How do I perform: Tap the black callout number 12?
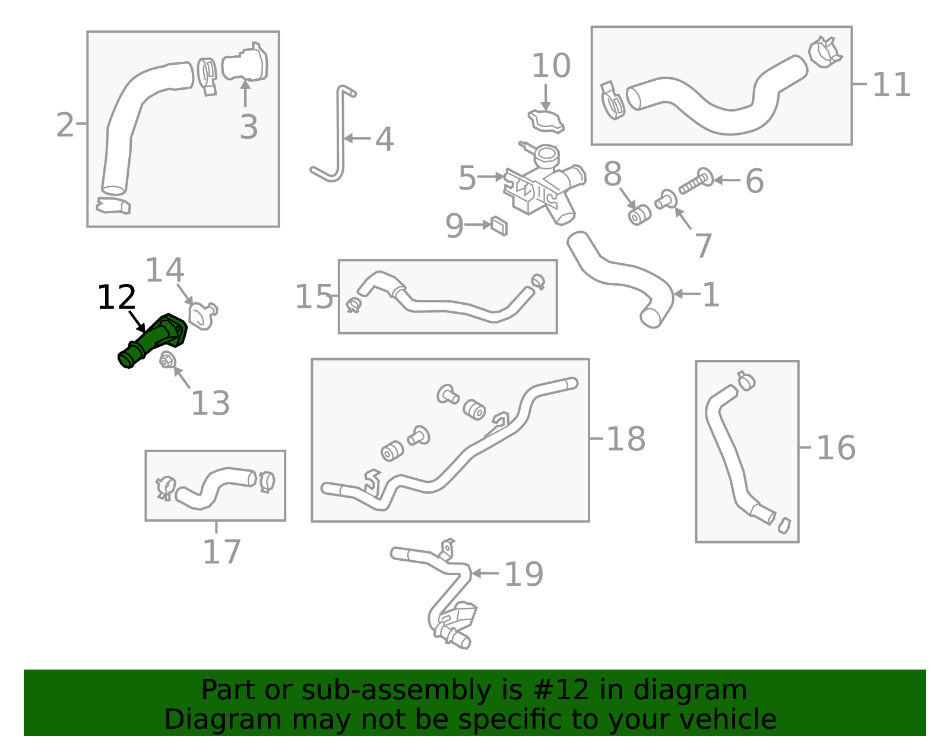[x=116, y=298]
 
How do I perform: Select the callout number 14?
[x=164, y=270]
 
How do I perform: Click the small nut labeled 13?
[x=167, y=359]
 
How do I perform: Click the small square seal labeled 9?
[x=499, y=226]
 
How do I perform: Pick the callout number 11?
[x=891, y=85]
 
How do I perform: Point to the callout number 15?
[x=313, y=297]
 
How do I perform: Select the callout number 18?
[x=625, y=440]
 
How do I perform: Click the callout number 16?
[x=835, y=448]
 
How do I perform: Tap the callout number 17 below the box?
[x=221, y=552]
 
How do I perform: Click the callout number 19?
[x=523, y=574]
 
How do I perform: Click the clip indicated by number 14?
[x=202, y=315]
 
